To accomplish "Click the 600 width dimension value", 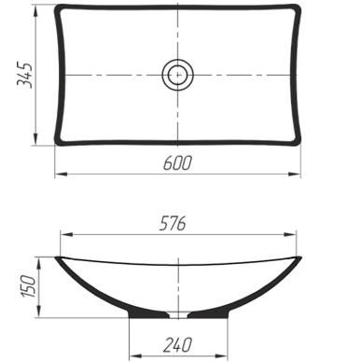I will coord(176,163).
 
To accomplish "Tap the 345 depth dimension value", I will coord(25,76).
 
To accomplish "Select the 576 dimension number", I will coord(174,223).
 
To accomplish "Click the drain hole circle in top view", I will coord(176,74).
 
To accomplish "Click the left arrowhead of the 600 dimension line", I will coord(58,174).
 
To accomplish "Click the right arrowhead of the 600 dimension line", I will coord(301,174).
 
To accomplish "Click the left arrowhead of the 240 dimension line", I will coord(131,355).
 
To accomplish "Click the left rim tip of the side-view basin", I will coord(57,257).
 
